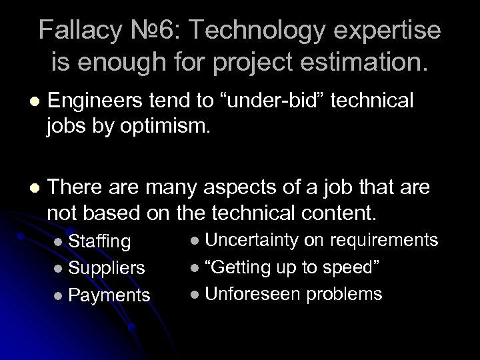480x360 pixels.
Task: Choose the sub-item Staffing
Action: pyautogui.click(x=100, y=241)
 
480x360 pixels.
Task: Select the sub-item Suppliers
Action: pyautogui.click(x=106, y=267)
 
